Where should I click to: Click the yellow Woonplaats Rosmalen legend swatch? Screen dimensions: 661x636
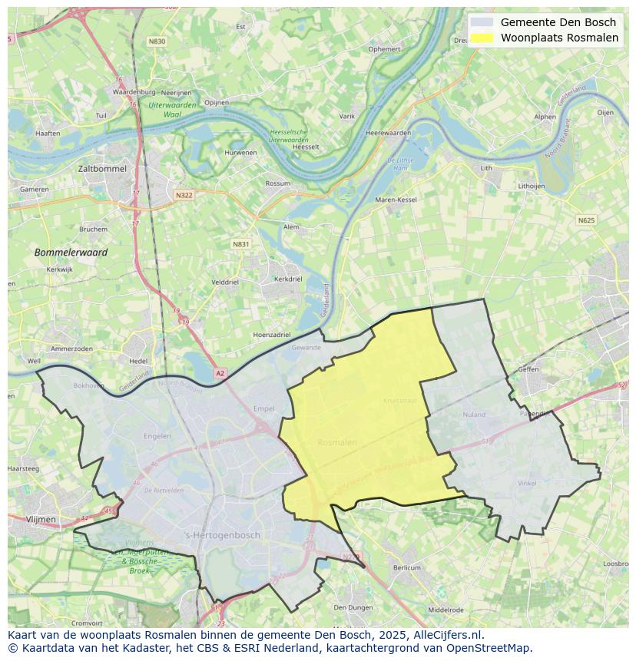click(482, 38)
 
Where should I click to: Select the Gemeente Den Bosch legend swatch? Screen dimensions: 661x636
click(482, 22)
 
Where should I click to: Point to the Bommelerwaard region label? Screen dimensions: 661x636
click(71, 252)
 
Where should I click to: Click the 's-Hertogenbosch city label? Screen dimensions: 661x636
click(223, 535)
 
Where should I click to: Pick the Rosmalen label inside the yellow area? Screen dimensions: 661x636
click(337, 442)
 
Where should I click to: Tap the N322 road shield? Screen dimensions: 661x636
click(184, 195)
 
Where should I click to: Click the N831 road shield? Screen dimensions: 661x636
click(241, 244)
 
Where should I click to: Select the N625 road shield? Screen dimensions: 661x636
click(586, 220)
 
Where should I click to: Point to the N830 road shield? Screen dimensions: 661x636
click(157, 41)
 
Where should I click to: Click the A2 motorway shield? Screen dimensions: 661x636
click(220, 373)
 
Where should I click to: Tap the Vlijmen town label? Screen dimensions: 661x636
click(41, 520)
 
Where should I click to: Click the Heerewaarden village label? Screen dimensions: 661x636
click(388, 133)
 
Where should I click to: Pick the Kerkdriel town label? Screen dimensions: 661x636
click(288, 279)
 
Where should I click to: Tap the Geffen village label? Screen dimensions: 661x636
click(528, 369)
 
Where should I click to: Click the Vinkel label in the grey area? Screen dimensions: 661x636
click(527, 484)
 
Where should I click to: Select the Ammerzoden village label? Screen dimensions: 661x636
click(71, 349)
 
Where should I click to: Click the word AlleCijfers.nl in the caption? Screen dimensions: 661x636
click(446, 635)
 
